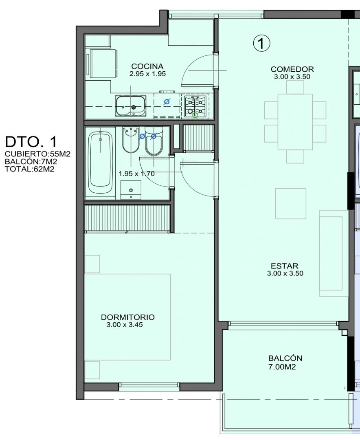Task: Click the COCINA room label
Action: pyautogui.click(x=147, y=66)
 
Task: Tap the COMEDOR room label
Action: pyautogui.click(x=292, y=69)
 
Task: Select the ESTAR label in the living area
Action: pyautogui.click(x=284, y=266)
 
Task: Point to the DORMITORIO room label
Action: pyautogui.click(x=127, y=317)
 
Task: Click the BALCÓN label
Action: pyautogui.click(x=285, y=358)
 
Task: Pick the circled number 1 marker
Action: pyautogui.click(x=261, y=44)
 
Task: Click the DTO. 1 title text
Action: pyautogui.click(x=31, y=142)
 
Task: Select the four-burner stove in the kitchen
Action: pyautogui.click(x=195, y=106)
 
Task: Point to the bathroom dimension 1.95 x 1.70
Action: pyautogui.click(x=136, y=174)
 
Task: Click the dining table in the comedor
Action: pyautogui.click(x=295, y=122)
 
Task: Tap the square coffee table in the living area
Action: pyautogui.click(x=291, y=203)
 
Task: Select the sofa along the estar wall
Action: pyautogui.click(x=334, y=253)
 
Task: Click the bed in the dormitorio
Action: pyautogui.click(x=127, y=317)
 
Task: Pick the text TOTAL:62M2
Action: pyautogui.click(x=30, y=169)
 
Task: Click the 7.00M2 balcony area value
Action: pyautogui.click(x=282, y=367)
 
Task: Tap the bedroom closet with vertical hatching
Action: pyautogui.click(x=127, y=218)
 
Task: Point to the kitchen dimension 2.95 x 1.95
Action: pyautogui.click(x=147, y=74)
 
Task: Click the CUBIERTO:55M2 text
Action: pyautogui.click(x=37, y=154)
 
